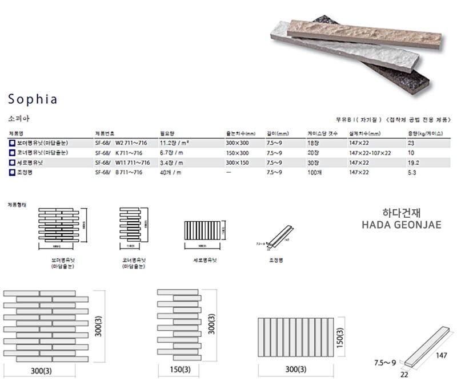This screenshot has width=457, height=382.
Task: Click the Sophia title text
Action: tap(33, 99)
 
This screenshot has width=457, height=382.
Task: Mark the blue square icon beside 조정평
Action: tap(11, 172)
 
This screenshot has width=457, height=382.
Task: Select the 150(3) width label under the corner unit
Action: tap(180, 369)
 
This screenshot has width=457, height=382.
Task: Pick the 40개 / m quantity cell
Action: tap(170, 172)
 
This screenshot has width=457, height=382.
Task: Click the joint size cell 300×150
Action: tap(238, 162)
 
